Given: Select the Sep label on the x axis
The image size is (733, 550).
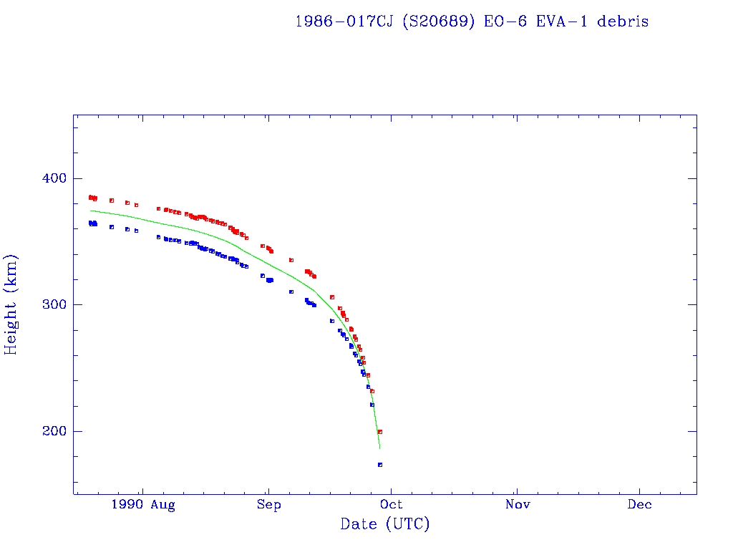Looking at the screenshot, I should (x=269, y=505).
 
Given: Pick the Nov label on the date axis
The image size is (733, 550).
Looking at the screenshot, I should (x=517, y=505).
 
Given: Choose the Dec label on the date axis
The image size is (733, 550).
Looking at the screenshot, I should (x=639, y=505).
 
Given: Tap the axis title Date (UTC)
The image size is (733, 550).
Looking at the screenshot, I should (x=385, y=525).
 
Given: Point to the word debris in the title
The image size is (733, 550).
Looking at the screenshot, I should (x=622, y=21).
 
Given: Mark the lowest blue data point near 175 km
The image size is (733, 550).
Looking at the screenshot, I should (x=380, y=465).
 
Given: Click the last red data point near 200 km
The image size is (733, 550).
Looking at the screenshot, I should (x=380, y=432).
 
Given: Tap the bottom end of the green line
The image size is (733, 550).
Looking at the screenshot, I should (x=380, y=448).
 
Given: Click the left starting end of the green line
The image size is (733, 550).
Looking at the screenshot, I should (x=91, y=211).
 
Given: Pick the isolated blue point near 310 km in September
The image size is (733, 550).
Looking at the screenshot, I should (x=291, y=291).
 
